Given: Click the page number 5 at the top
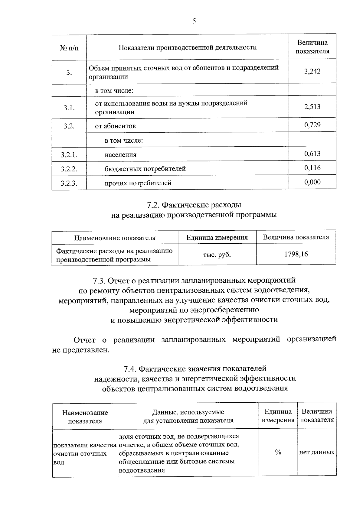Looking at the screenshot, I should (x=194, y=21).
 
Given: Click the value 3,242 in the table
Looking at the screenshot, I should (x=312, y=71).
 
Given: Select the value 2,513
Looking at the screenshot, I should (x=312, y=107).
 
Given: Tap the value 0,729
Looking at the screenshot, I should (x=312, y=125).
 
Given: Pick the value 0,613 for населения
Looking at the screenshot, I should (x=312, y=154).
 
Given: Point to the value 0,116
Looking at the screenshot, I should (x=312, y=168).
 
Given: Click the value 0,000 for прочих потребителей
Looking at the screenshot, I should (x=312, y=182).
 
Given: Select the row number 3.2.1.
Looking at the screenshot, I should (x=69, y=155).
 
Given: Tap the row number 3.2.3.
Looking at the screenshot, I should (x=69, y=183).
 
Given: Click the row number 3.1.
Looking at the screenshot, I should (x=69, y=108).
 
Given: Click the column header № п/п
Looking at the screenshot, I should (x=69, y=48).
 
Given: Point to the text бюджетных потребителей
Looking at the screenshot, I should (x=145, y=169).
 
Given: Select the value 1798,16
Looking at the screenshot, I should (x=296, y=254).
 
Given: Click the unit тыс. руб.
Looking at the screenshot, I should (x=217, y=255).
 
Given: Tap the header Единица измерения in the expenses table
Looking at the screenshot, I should (x=217, y=238).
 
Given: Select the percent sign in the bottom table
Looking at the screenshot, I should (x=278, y=452).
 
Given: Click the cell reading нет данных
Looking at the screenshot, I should (x=317, y=453).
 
